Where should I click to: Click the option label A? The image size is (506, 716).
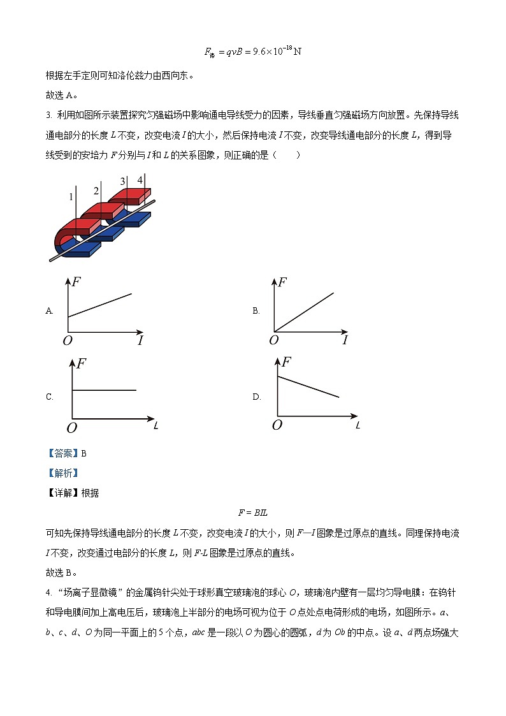pyautogui.click(x=49, y=311)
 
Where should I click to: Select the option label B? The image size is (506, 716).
pyautogui.click(x=256, y=311)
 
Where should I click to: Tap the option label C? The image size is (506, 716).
pyautogui.click(x=49, y=397)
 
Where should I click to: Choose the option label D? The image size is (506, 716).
pyautogui.click(x=256, y=397)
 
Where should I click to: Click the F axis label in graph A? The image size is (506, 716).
pyautogui.click(x=76, y=282)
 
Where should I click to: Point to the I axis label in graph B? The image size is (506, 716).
pyautogui.click(x=345, y=340)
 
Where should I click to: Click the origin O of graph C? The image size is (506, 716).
pyautogui.click(x=71, y=427)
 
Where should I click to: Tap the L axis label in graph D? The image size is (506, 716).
pyautogui.click(x=358, y=425)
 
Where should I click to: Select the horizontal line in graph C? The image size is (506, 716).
pyautogui.click(x=105, y=390)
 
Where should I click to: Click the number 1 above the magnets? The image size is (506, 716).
pyautogui.click(x=71, y=197)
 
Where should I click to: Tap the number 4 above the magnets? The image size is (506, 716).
pyautogui.click(x=140, y=180)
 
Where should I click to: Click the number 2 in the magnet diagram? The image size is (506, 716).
pyautogui.click(x=96, y=191)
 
